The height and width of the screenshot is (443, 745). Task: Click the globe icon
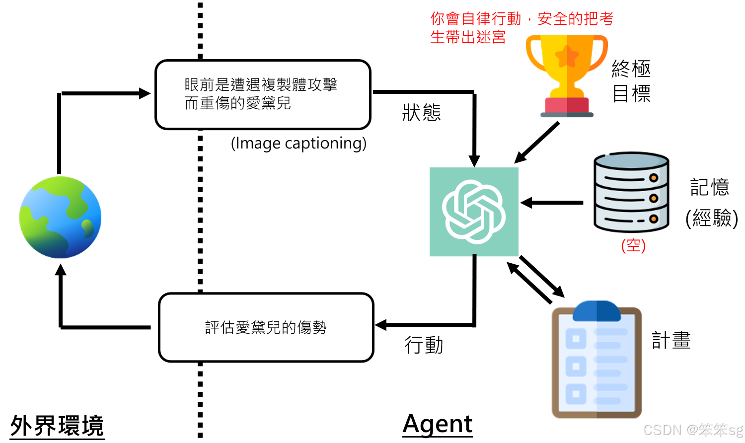(x=60, y=217)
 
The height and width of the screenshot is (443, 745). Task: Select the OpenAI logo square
(x=474, y=212)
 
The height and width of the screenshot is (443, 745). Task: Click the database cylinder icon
(x=631, y=192)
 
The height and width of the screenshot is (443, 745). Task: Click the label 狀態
(x=421, y=113)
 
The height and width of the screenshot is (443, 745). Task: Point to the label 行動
(x=424, y=345)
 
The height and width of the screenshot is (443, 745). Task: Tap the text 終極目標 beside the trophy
(x=631, y=81)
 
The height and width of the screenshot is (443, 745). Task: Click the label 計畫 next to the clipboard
(x=671, y=340)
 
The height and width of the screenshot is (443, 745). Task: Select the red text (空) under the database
(x=633, y=245)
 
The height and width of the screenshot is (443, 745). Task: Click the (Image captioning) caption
(x=298, y=143)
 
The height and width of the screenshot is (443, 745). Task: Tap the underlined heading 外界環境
(x=57, y=426)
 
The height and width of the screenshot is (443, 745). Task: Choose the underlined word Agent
(x=438, y=424)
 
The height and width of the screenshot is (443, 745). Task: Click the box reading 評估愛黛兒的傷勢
(x=266, y=327)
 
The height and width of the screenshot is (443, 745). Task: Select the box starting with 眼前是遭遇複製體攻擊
(x=263, y=94)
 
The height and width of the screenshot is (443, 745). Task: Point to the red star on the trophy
(x=567, y=57)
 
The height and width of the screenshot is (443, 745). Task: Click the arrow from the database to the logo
(x=551, y=203)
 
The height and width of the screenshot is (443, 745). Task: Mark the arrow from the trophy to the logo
(x=536, y=143)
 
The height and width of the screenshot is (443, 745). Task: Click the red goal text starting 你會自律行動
(x=521, y=28)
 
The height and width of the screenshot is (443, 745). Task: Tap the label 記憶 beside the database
(x=709, y=187)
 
